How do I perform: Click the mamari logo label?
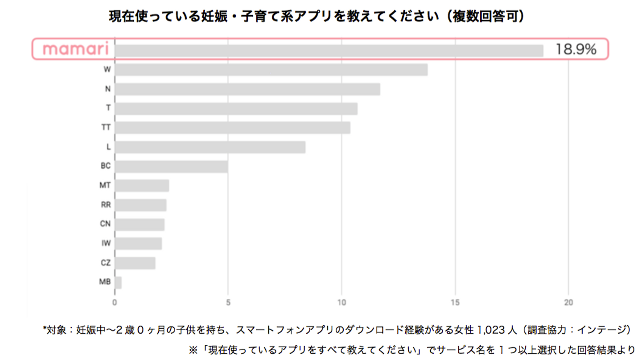(75, 49)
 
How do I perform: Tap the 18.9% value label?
(576, 50)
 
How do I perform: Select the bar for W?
(271, 70)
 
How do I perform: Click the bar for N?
(247, 89)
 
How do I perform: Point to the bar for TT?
(232, 128)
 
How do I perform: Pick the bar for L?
(210, 147)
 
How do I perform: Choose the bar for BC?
(171, 166)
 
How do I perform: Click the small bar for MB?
(118, 282)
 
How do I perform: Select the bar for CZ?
(135, 263)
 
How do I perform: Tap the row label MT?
(105, 185)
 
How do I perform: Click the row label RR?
(106, 205)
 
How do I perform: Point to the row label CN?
(105, 224)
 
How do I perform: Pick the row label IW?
(106, 244)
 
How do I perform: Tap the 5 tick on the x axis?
(228, 302)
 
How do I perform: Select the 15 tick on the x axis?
(455, 302)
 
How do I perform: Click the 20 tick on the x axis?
(568, 302)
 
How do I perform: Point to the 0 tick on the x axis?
(115, 302)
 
